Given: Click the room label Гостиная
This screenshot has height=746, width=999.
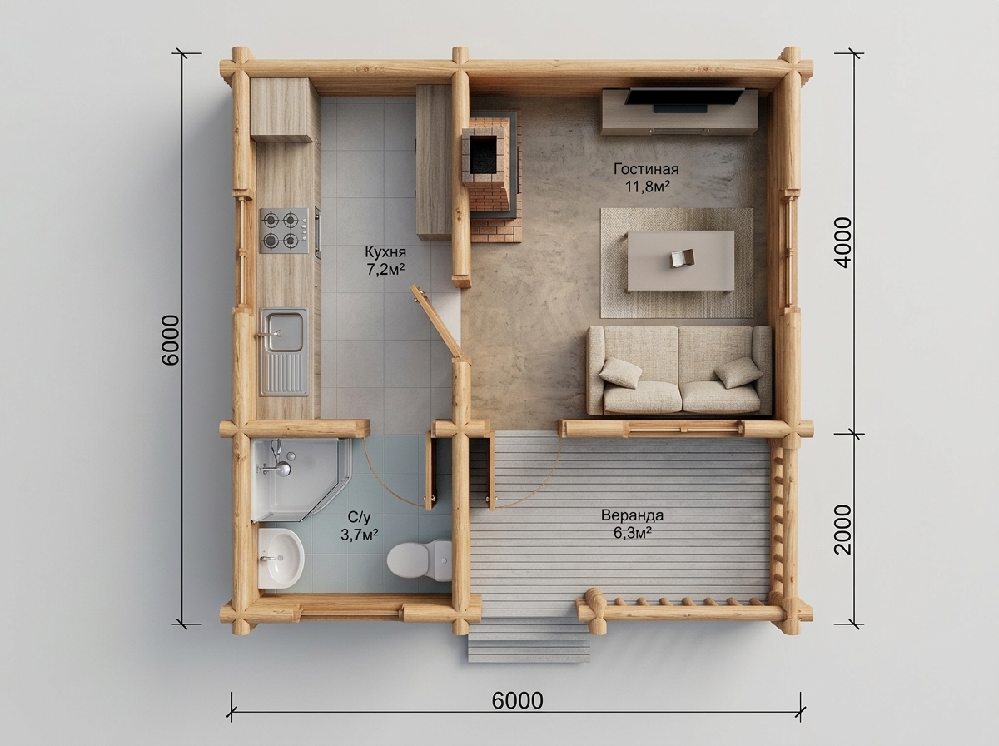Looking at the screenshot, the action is pyautogui.click(x=646, y=169).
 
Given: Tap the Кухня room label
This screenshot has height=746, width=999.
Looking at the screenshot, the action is pyautogui.click(x=385, y=251).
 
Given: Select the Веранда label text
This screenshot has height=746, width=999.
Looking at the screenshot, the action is pyautogui.click(x=632, y=515).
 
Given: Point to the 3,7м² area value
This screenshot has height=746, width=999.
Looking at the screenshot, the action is pyautogui.click(x=359, y=535).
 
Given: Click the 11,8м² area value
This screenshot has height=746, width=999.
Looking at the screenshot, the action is pyautogui.click(x=647, y=186).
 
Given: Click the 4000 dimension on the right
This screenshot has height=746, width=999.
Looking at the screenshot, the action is pyautogui.click(x=843, y=242).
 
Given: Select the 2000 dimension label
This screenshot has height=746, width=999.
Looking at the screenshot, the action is pyautogui.click(x=843, y=530).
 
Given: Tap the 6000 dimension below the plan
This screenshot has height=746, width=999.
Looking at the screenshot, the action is pyautogui.click(x=518, y=701).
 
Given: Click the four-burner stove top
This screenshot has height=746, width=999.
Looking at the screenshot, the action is pyautogui.click(x=285, y=231).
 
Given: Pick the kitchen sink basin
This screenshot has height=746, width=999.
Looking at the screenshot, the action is pyautogui.click(x=284, y=333).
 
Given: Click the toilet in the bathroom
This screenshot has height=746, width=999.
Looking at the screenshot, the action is pyautogui.click(x=419, y=560).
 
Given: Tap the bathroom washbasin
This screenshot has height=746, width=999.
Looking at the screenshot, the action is pyautogui.click(x=281, y=558).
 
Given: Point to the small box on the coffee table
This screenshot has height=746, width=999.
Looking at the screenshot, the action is pyautogui.click(x=683, y=259).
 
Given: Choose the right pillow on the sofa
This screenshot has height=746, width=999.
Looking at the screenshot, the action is pyautogui.click(x=738, y=372).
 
